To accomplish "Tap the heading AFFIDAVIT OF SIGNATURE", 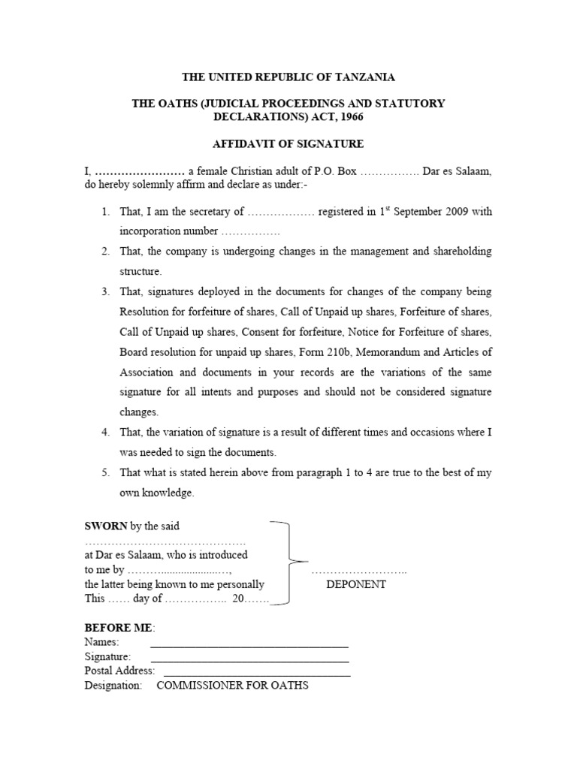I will (289, 143).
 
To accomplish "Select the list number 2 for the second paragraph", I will (106, 252).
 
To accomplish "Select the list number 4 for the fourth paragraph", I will (106, 433).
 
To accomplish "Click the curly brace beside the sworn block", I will (289, 561).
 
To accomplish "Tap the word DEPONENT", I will (356, 584).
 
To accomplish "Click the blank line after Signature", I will (249, 659).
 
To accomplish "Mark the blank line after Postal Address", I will (256, 674).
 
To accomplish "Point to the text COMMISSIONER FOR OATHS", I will (232, 686).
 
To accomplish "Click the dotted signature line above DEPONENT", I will (359, 572).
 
